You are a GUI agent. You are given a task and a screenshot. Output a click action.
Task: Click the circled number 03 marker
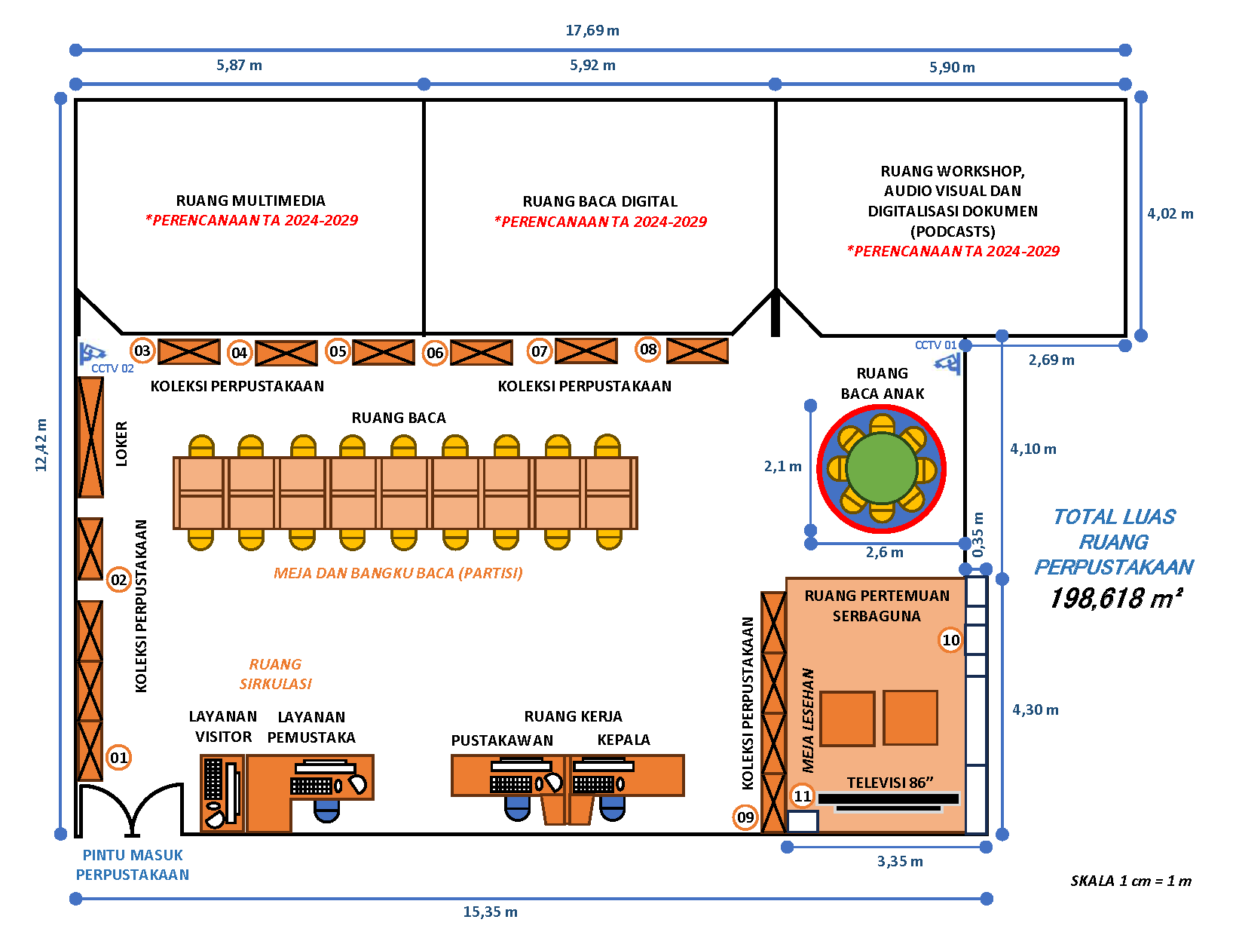coord(142,351)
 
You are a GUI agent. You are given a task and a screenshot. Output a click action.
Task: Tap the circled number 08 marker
coord(648,349)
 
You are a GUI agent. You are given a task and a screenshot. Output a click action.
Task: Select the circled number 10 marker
coord(951,640)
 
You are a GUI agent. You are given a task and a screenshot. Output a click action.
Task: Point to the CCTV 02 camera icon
coord(93,353)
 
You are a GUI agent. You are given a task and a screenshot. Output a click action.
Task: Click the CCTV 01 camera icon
coord(948,363)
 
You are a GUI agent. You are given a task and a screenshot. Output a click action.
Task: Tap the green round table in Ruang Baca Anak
coord(881,468)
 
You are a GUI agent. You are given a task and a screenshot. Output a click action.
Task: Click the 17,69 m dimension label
coord(592,31)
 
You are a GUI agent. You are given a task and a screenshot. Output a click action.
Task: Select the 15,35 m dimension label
coord(490,912)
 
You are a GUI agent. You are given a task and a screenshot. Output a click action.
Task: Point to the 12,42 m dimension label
coord(41,445)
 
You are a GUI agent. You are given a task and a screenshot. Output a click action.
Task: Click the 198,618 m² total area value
coord(1115,598)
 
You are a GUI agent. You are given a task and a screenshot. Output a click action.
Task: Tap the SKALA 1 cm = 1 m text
coord(1131,881)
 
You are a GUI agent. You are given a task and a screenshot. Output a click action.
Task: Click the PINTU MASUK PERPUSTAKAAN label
coord(133,865)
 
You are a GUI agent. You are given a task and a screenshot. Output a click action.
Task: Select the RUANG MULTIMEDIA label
coord(251,201)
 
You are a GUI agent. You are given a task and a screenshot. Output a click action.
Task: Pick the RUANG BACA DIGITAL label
coord(600,201)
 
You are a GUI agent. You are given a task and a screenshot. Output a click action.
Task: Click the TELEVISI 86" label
coord(890,783)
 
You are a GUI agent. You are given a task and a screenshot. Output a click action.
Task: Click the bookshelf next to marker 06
coord(481,352)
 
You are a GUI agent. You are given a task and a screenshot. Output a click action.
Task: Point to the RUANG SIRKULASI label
coord(275,674)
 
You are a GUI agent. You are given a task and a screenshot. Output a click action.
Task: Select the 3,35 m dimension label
coord(900,861)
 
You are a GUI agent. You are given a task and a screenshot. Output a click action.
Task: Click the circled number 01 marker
coord(119,758)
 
